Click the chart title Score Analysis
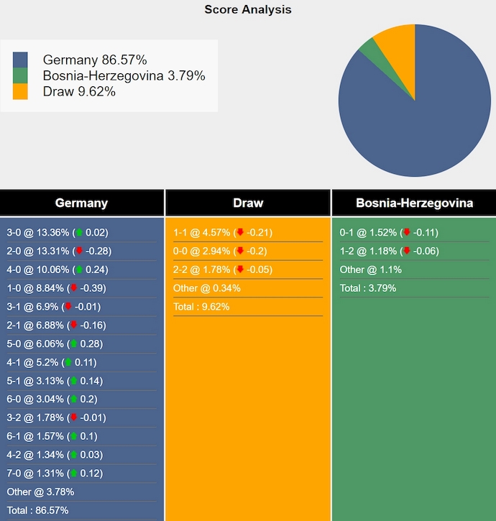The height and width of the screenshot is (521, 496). (x=248, y=9)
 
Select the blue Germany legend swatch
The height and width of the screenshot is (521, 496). (x=20, y=60)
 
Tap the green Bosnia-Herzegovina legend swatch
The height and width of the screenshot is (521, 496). (x=20, y=75)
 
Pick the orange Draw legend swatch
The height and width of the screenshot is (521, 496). (x=20, y=91)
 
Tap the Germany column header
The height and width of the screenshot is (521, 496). (x=81, y=203)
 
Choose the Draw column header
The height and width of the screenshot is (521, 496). (x=248, y=203)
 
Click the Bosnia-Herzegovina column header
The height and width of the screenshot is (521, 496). (x=414, y=203)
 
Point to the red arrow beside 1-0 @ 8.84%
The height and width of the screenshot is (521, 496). (x=73, y=288)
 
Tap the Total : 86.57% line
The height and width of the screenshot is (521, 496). (x=37, y=510)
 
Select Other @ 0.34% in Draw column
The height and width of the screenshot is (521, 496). (x=207, y=288)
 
